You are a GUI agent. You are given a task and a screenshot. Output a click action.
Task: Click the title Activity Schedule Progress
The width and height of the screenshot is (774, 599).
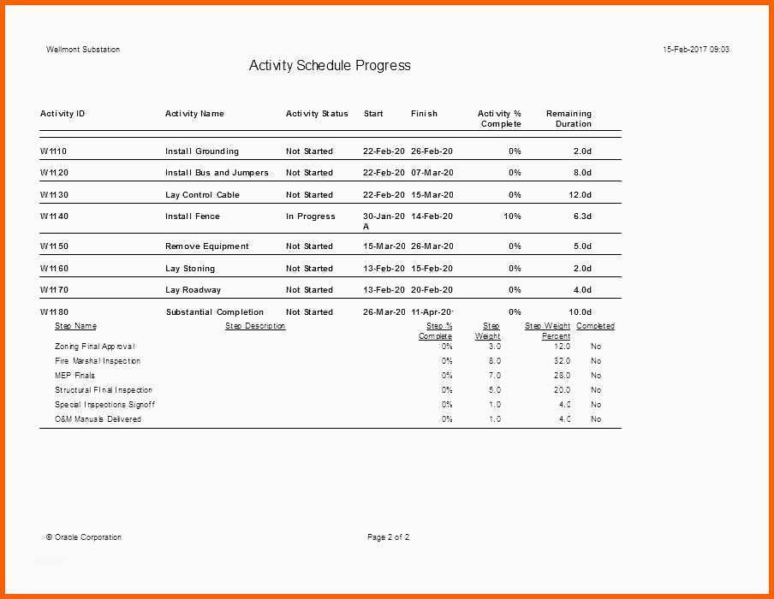[x=330, y=66]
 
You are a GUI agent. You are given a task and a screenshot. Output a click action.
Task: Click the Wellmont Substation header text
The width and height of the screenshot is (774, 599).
[x=83, y=50]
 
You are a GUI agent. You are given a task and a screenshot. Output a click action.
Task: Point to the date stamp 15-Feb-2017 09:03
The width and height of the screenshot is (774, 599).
[x=696, y=50]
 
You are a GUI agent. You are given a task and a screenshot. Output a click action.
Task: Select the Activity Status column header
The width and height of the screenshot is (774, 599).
[x=317, y=114]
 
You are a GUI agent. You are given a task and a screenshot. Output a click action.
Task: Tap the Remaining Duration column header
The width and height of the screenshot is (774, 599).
[x=569, y=119]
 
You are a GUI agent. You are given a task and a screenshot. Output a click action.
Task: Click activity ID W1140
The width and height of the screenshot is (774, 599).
[x=54, y=216]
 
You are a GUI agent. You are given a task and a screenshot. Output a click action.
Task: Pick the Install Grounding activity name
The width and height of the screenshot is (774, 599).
[x=202, y=151]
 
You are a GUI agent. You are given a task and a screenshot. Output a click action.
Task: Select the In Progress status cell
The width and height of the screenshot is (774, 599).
[x=311, y=216]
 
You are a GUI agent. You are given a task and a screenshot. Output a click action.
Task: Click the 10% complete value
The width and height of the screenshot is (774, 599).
[x=512, y=216]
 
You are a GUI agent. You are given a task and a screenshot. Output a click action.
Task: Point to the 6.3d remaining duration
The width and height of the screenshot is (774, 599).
[x=582, y=216]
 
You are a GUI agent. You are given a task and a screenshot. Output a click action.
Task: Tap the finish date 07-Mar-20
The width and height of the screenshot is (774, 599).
[x=432, y=173]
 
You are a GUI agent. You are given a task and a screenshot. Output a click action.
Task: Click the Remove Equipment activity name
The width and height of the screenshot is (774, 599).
[x=207, y=246]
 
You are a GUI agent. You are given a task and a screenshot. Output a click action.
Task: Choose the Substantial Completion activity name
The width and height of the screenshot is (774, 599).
[x=215, y=312]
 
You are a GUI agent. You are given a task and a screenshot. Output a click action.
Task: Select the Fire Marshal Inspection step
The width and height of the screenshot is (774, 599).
[x=98, y=361]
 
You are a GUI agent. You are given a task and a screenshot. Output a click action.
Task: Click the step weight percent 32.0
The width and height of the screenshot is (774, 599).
[x=562, y=361]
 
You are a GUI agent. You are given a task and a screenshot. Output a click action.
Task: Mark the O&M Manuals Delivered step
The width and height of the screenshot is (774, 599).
[x=98, y=419]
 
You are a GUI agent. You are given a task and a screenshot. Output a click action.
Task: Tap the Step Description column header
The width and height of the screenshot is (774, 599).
[x=255, y=326]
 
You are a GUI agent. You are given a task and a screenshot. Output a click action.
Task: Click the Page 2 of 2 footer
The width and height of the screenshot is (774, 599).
[x=389, y=537]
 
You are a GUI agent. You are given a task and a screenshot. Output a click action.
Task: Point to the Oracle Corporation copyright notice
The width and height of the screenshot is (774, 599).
[x=84, y=537]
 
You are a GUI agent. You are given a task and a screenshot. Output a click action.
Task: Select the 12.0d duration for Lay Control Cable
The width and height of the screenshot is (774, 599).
[x=580, y=195]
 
